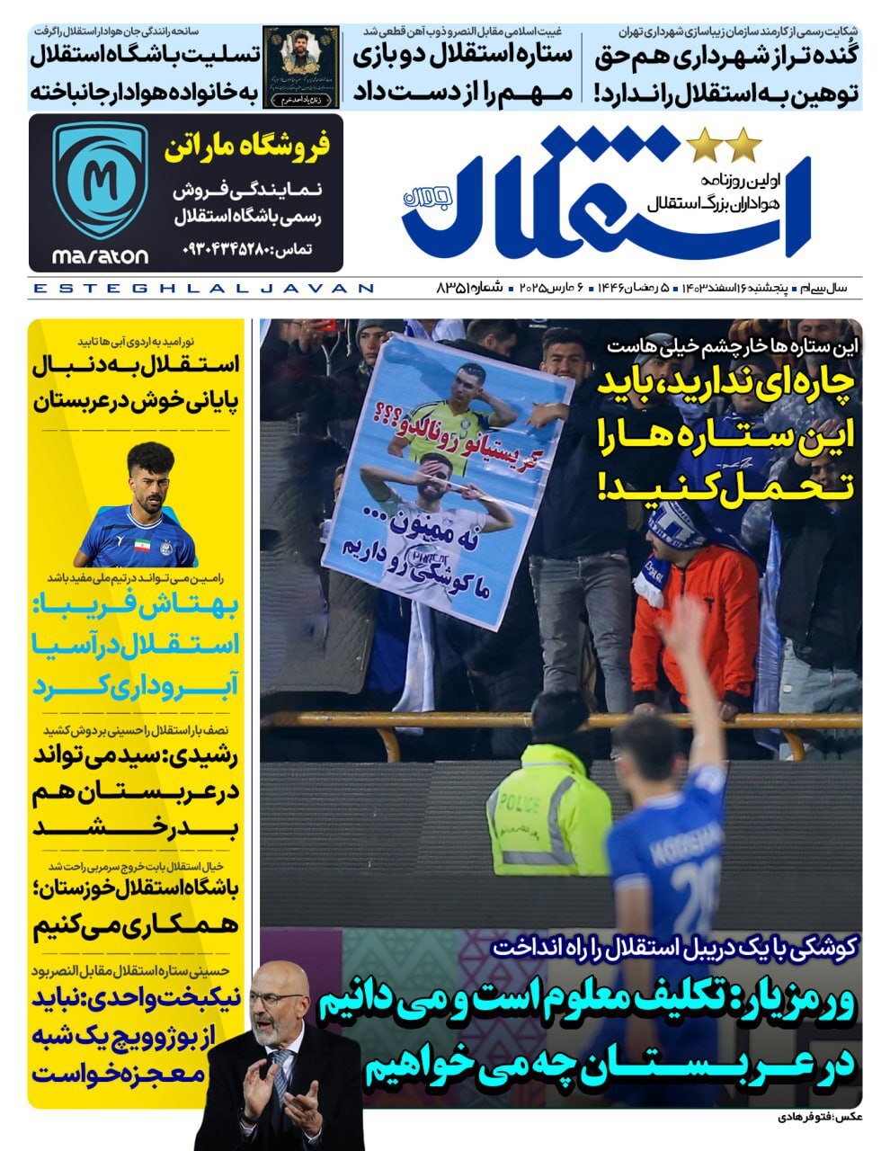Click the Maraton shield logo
click(100, 181)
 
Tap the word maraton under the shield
click(100, 256)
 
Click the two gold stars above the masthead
click(723, 142)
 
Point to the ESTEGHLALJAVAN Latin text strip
click(203, 289)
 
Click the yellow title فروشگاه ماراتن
click(246, 147)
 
